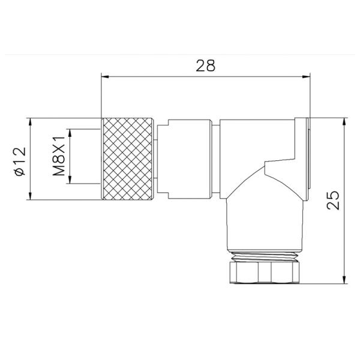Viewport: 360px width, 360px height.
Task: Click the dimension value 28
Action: tap(205, 65)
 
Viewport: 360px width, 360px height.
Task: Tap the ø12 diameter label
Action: tap(19, 160)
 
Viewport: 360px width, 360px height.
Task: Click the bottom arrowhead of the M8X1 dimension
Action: tap(71, 181)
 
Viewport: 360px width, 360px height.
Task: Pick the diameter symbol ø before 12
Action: tap(19, 171)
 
